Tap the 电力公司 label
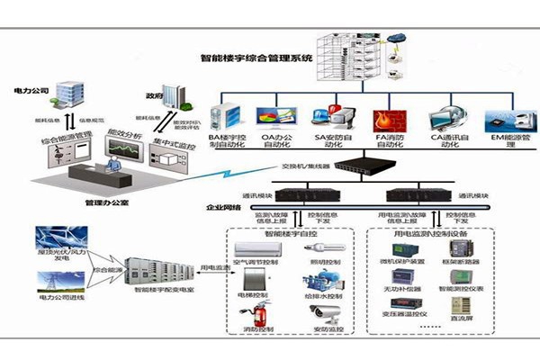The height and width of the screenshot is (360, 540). (31, 92)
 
